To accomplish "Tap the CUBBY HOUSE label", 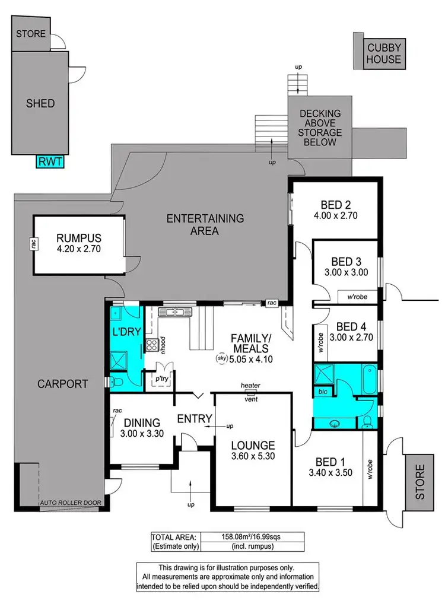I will coord(384,53).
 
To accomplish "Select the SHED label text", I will coord(40,104).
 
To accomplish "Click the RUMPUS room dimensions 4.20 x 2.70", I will coord(80,249).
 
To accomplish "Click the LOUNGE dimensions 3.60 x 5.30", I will coord(253,457).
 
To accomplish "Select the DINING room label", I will coord(141,422).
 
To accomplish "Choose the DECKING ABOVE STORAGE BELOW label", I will coord(320,128).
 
